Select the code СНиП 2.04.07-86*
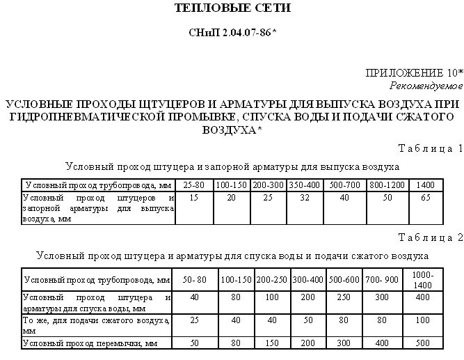click(x=231, y=33)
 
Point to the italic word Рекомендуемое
click(x=426, y=84)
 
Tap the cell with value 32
click(x=304, y=198)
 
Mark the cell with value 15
click(x=193, y=198)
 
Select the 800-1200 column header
click(x=387, y=186)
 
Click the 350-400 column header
click(x=304, y=186)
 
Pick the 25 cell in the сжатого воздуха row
click(x=194, y=320)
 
